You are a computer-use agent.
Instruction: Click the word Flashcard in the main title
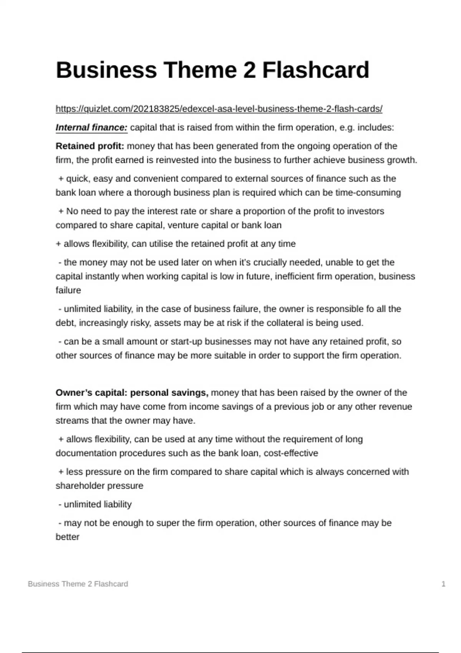click(315, 70)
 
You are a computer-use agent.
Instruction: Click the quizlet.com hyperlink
click(219, 109)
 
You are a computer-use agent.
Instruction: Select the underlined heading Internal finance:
click(91, 128)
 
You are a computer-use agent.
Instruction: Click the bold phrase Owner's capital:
click(91, 393)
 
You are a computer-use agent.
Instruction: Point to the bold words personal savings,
click(169, 393)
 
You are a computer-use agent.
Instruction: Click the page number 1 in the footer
click(443, 584)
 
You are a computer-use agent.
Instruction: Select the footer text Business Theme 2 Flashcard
click(78, 584)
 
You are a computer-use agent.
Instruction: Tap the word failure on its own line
click(68, 291)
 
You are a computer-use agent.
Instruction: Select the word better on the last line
click(68, 537)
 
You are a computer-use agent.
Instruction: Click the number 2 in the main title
click(249, 70)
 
